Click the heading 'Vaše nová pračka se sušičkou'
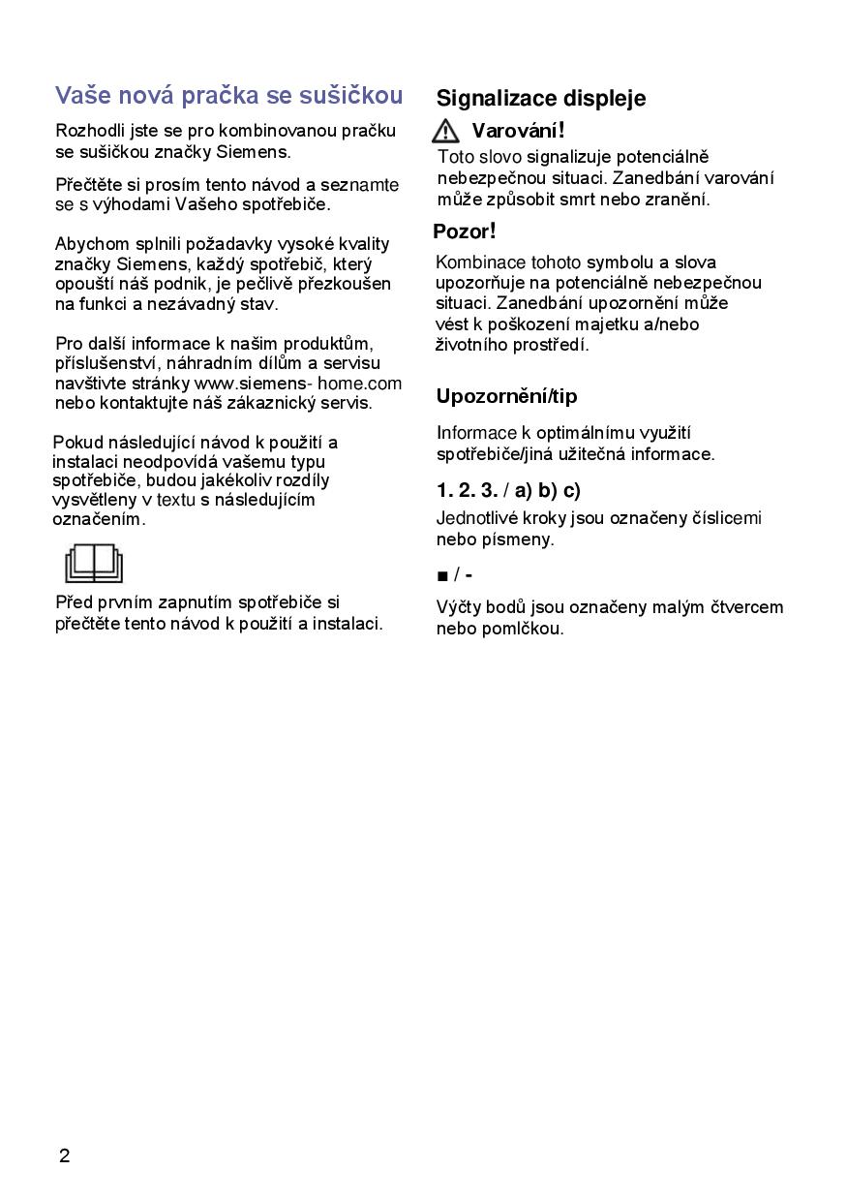point(228,95)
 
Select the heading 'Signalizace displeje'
point(541,98)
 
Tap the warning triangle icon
point(446,131)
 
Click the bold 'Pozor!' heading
point(465,231)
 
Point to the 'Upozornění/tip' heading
point(506,395)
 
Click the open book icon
point(94,563)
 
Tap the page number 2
point(64,1155)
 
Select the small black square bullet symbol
point(442,576)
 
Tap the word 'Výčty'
point(459,607)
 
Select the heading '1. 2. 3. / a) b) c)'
point(508,489)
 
